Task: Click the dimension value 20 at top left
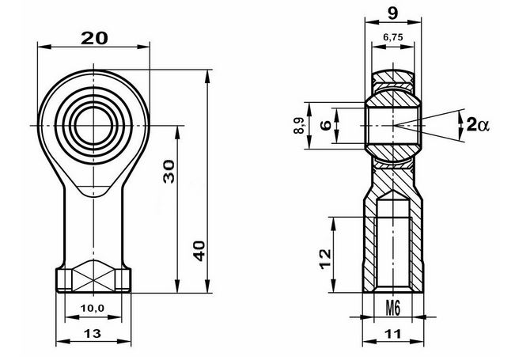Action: point(94,38)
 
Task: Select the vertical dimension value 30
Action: point(169,171)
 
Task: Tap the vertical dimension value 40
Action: point(199,251)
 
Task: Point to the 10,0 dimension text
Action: point(93,308)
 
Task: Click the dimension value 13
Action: point(93,334)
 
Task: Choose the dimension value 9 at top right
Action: point(393,13)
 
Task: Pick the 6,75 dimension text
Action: point(393,37)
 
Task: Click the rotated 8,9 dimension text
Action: point(299,126)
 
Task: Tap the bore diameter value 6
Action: point(326,126)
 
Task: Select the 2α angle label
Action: point(478,125)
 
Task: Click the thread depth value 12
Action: point(325,259)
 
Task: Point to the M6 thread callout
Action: point(393,309)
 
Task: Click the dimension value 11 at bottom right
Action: point(393,334)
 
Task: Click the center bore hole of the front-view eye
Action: point(94,125)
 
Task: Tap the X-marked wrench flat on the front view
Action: point(94,275)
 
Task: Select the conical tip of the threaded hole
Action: point(393,195)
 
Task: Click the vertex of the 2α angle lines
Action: point(396,126)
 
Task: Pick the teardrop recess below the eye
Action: point(93,191)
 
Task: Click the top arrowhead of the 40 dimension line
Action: point(207,75)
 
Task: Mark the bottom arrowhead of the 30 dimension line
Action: point(177,286)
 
